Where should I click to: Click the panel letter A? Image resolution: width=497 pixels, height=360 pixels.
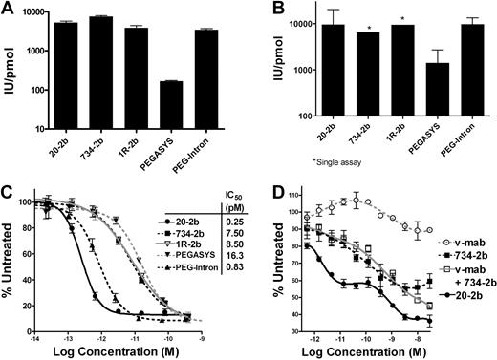pos(8,10)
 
